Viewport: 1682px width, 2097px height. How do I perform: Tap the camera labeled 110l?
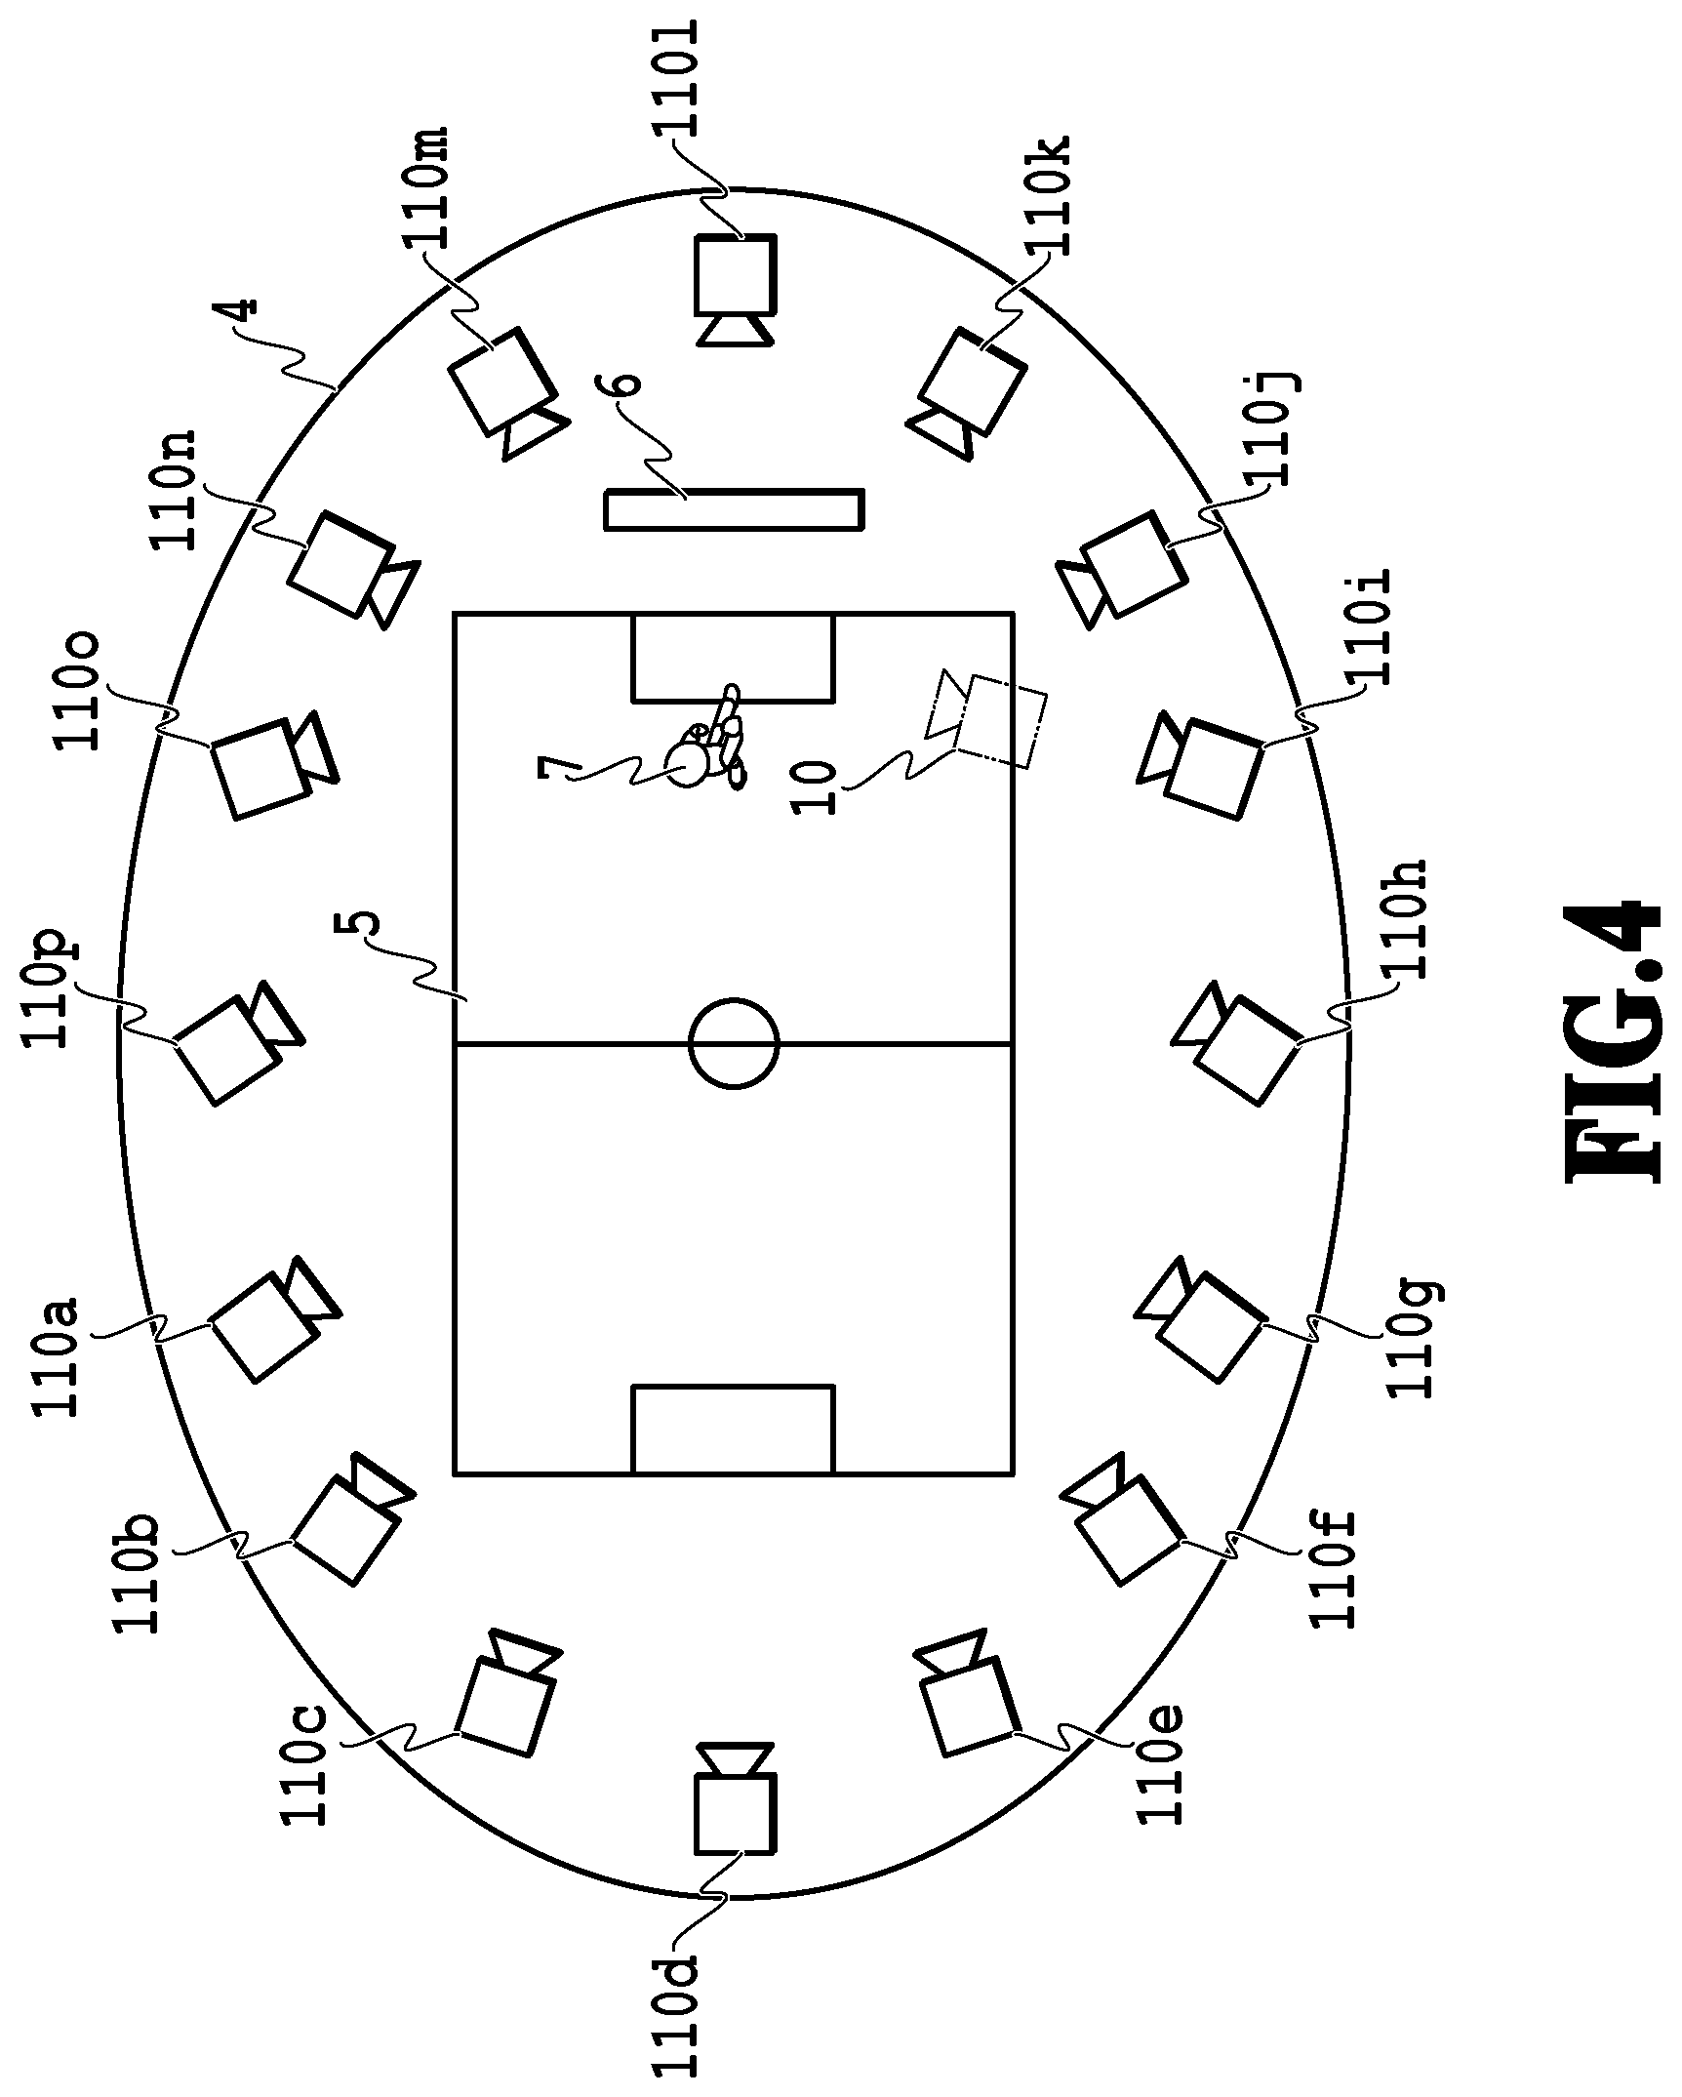click(736, 289)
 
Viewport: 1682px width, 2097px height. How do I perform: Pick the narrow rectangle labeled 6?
click(734, 509)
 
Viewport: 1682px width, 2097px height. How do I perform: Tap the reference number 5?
click(355, 925)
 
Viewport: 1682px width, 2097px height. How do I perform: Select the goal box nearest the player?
click(734, 658)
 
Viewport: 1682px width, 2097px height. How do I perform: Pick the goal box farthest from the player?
click(734, 1429)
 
